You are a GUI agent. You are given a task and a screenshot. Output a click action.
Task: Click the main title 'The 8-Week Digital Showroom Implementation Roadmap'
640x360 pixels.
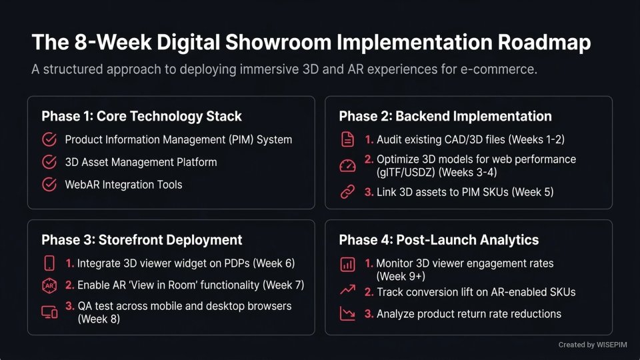(311, 43)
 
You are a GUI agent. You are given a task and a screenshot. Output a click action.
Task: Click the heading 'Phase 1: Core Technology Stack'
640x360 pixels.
(141, 116)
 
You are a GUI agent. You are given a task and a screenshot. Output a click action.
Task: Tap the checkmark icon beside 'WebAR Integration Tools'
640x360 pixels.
(49, 185)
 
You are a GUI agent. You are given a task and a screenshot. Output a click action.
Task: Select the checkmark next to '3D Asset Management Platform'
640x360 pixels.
(49, 162)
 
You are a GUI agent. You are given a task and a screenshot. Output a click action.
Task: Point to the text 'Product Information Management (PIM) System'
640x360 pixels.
(178, 139)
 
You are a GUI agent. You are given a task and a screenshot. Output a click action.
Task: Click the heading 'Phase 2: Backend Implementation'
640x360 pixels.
(445, 116)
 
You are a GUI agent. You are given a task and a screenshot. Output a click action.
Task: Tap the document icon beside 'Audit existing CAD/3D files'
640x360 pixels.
(347, 139)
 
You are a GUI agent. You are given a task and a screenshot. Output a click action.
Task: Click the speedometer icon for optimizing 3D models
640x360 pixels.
(347, 166)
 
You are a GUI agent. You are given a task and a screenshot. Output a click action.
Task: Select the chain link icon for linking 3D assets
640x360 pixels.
(347, 192)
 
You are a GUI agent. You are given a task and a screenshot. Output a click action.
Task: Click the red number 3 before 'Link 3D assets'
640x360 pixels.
(369, 192)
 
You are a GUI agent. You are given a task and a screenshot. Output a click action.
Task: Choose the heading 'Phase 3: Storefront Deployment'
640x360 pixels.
(141, 240)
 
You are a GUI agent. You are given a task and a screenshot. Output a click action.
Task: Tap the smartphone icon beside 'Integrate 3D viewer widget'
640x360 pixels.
(49, 263)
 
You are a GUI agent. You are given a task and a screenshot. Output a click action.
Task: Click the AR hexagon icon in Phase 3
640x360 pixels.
(49, 285)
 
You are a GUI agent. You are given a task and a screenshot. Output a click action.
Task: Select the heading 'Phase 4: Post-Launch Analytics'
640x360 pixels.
(439, 240)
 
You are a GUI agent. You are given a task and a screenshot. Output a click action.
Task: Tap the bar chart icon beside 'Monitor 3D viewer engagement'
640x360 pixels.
(347, 265)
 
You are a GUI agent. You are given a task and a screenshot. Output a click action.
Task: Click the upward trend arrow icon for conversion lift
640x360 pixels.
(347, 291)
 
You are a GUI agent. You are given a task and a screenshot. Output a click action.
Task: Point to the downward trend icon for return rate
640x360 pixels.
(347, 313)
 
